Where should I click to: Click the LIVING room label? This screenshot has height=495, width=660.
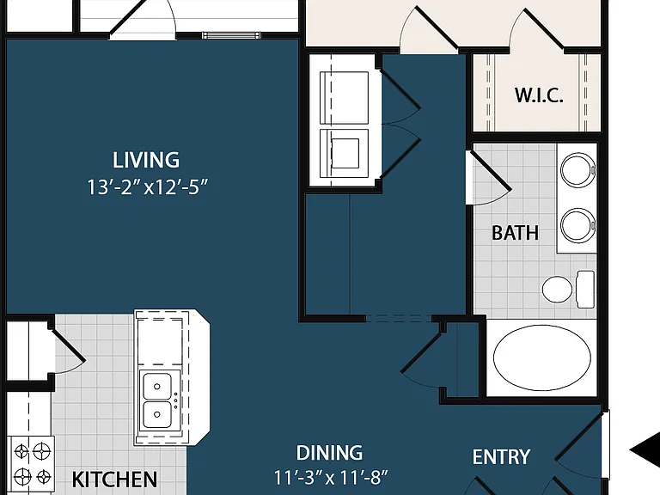tap(146, 160)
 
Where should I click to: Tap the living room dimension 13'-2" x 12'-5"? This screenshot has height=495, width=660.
tap(148, 186)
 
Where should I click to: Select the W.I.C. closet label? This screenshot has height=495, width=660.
tap(539, 95)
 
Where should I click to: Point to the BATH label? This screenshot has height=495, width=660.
tap(516, 233)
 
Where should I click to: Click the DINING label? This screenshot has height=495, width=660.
tap(329, 453)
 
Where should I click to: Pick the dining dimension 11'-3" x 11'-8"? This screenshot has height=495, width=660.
tap(331, 477)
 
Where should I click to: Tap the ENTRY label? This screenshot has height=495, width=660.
tap(501, 457)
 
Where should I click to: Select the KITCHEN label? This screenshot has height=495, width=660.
tap(114, 479)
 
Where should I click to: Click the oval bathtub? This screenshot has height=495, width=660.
tap(541, 357)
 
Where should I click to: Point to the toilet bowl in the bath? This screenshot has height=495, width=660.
tap(557, 289)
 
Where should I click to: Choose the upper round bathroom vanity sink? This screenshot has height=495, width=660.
tap(577, 170)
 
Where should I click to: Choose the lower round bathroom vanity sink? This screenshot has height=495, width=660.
tap(577, 225)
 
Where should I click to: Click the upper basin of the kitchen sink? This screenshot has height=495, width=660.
tap(157, 386)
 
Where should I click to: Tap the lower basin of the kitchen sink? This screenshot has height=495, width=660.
tap(157, 414)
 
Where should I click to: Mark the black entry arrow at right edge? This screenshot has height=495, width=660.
tap(645, 449)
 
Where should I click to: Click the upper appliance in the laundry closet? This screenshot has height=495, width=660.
tap(345, 98)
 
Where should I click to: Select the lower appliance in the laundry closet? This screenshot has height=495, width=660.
tap(345, 154)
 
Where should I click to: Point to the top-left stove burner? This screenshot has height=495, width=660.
tap(21, 452)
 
